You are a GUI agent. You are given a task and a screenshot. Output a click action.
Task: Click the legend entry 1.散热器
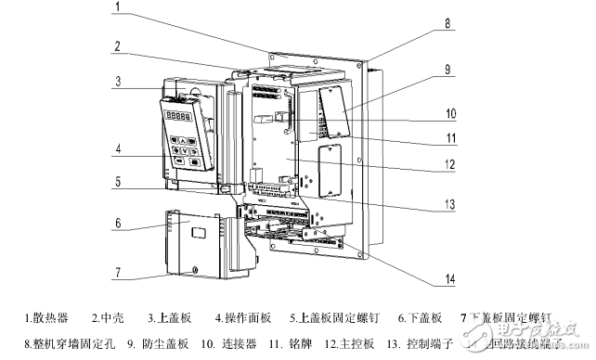click(x=46, y=318)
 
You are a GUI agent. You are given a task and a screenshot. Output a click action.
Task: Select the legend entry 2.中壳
click(x=110, y=318)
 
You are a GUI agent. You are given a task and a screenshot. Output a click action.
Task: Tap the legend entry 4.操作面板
click(x=241, y=318)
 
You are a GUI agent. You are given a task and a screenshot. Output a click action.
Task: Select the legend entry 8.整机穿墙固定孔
click(x=68, y=343)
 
